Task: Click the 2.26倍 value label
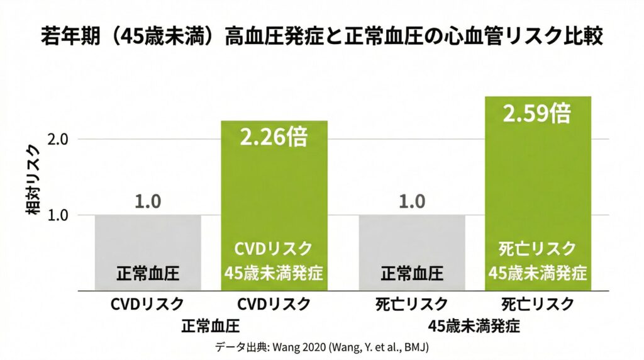(x=274, y=137)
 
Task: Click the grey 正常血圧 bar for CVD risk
(x=148, y=252)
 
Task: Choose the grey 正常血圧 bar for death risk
(x=412, y=252)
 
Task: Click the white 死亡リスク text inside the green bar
(x=537, y=249)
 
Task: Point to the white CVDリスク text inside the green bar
(x=274, y=249)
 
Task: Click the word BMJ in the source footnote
(x=418, y=347)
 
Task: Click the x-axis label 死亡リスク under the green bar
(x=537, y=305)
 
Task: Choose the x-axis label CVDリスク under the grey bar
(x=148, y=305)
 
